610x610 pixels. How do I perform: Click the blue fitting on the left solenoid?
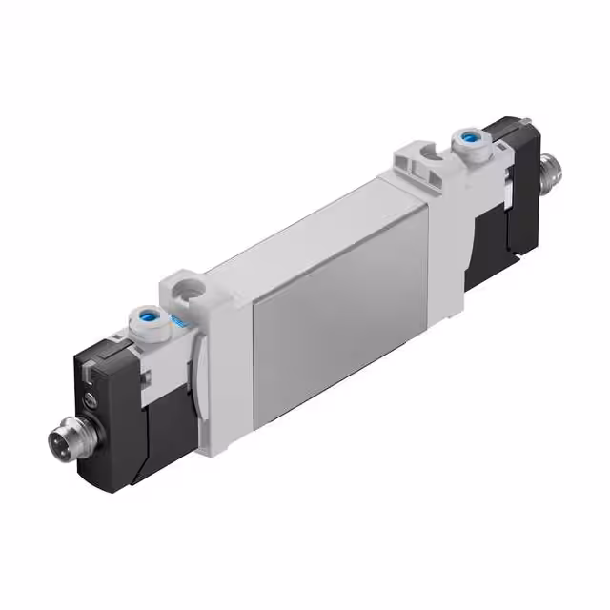148,314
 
